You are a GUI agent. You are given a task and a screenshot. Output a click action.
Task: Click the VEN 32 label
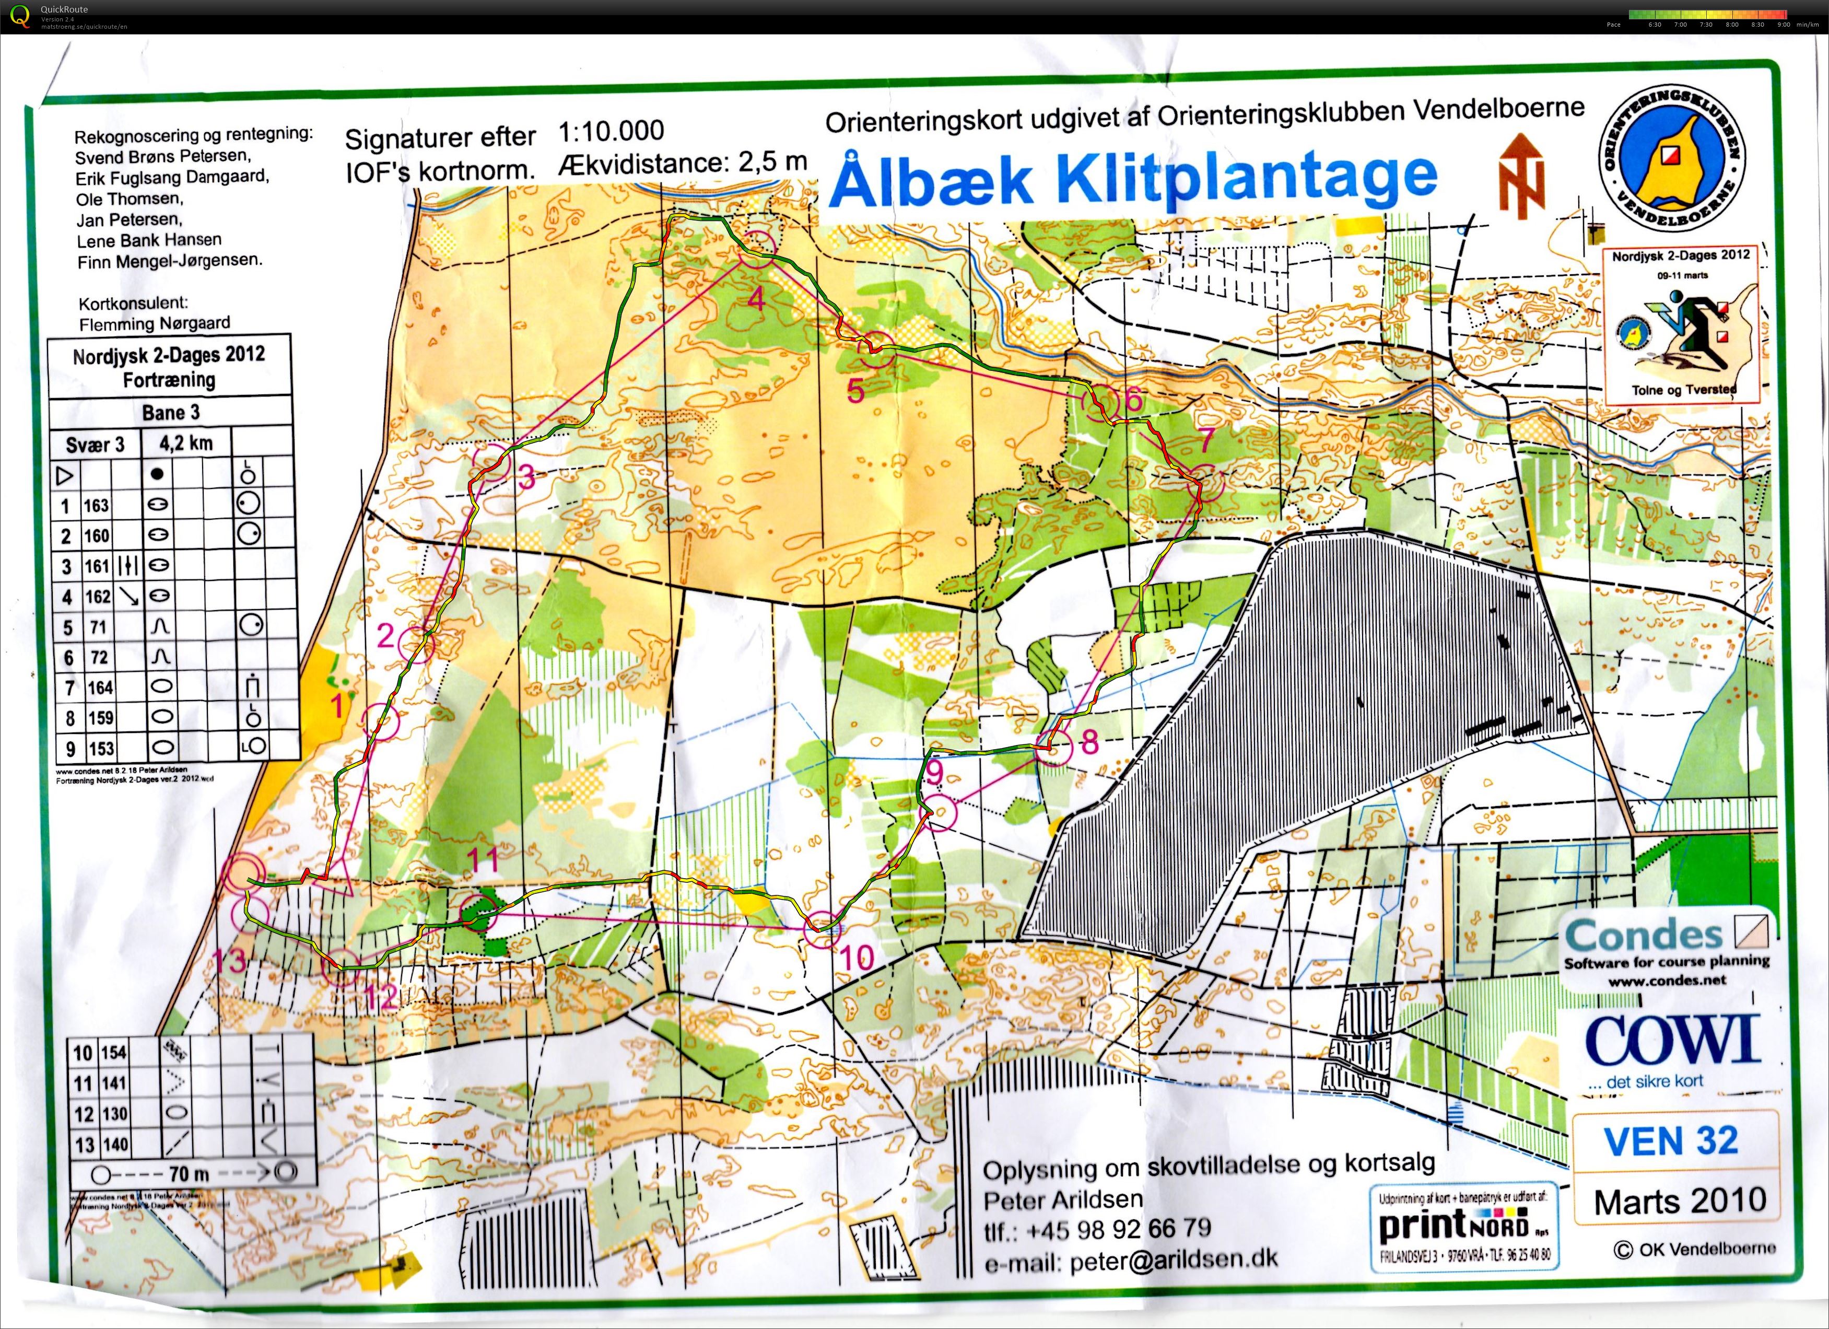pos(1671,1140)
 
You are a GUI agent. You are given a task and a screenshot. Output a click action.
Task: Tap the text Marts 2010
pos(1679,1202)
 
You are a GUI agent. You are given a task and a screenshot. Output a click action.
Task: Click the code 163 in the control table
pos(96,506)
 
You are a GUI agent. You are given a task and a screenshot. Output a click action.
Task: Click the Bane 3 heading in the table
pos(170,413)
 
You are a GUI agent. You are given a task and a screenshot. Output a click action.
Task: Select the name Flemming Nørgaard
pos(154,323)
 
